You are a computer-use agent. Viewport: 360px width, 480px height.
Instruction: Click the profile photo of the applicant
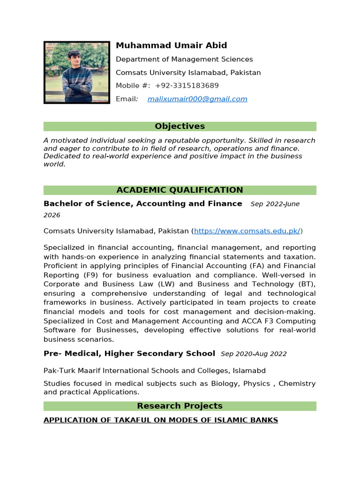point(77,72)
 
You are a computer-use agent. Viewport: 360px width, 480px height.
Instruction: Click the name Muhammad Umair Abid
point(171,45)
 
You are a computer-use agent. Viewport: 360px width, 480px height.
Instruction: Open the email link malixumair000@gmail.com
point(197,99)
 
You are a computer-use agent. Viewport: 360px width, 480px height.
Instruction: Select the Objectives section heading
point(180,127)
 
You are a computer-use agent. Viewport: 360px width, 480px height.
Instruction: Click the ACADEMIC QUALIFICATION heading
point(180,190)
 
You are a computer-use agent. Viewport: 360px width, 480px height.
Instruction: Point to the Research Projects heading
point(180,406)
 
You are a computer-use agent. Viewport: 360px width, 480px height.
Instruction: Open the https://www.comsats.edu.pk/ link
point(247,231)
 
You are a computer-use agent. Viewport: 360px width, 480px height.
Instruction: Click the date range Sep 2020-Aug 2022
point(254,354)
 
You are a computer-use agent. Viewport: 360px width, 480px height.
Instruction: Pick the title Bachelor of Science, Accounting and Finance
point(143,204)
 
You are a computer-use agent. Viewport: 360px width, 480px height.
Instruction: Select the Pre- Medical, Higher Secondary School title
point(129,353)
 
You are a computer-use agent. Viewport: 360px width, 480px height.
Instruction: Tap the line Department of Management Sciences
point(184,59)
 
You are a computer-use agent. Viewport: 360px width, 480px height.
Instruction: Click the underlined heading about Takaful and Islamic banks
point(161,420)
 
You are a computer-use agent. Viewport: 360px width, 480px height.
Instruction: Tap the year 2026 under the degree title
point(52,215)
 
